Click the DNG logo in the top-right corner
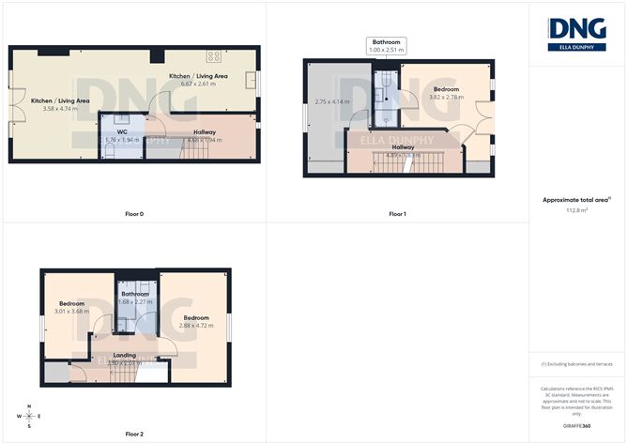[577, 33]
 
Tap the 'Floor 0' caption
[134, 214]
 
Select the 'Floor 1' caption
[397, 214]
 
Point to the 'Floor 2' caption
[134, 434]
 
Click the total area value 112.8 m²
[577, 211]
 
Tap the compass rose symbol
[30, 415]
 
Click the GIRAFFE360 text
[577, 424]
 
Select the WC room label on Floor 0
[122, 132]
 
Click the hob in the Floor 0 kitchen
[213, 55]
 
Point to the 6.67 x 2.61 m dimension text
[198, 84]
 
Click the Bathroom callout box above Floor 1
[386, 47]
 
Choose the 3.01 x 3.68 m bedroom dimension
[73, 313]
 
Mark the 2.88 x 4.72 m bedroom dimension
[197, 326]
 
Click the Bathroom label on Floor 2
[136, 294]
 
